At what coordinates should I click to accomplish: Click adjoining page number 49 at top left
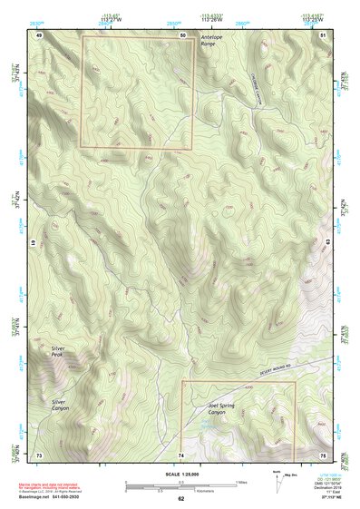tap(39, 34)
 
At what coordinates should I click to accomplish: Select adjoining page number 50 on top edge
tap(182, 34)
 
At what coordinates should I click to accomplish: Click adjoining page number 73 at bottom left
tap(39, 454)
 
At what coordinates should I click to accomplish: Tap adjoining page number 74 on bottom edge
tap(181, 454)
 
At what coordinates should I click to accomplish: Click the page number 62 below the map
tap(180, 498)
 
